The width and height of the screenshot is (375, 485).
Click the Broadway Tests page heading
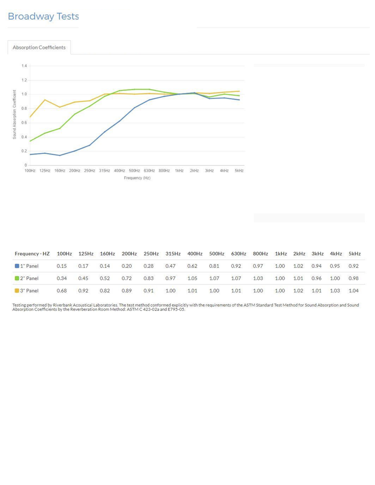[x=43, y=16]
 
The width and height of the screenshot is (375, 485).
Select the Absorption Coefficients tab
[x=39, y=47]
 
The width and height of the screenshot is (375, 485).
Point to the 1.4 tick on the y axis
[x=23, y=66]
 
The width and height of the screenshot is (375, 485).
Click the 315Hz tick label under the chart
[x=104, y=171]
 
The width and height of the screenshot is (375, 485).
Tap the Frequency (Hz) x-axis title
[x=137, y=178]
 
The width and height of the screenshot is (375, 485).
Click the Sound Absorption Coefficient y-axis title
[x=15, y=114]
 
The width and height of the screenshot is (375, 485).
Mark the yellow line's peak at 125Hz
[x=44, y=100]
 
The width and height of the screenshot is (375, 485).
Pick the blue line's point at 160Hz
[x=59, y=155]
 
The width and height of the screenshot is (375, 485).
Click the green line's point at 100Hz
[x=30, y=141]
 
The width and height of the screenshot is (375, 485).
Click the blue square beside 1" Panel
[x=17, y=266]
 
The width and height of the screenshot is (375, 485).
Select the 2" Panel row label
[x=29, y=278]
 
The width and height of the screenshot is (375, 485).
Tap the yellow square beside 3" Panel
[x=17, y=291]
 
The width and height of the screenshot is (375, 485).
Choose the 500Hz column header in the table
[x=216, y=254]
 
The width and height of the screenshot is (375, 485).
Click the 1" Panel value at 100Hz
[x=61, y=266]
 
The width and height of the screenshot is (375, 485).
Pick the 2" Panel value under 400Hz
[x=192, y=278]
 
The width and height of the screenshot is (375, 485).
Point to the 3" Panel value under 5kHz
[x=353, y=291]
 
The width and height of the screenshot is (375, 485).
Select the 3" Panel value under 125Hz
[x=83, y=291]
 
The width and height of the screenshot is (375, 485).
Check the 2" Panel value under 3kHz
[x=316, y=278]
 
